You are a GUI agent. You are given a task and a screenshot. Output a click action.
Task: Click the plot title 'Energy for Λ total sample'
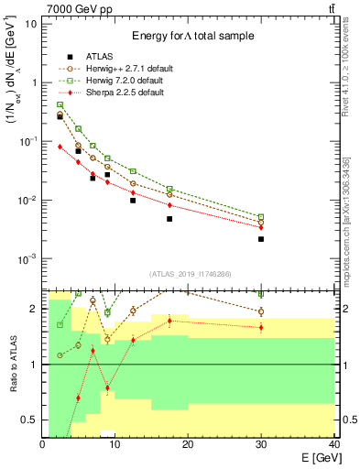191,36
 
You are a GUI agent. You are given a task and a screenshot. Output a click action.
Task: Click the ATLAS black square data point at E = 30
261,239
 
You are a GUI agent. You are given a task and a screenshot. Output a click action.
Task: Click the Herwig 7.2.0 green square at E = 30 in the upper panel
261,217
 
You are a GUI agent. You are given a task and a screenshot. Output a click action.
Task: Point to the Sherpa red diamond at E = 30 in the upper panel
261,227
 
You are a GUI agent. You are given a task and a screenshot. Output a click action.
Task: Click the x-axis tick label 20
188,444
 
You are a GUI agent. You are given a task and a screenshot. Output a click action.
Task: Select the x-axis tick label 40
333,444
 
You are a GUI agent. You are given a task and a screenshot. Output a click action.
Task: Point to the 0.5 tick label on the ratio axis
30,420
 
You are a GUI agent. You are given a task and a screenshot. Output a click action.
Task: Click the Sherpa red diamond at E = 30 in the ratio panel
261,327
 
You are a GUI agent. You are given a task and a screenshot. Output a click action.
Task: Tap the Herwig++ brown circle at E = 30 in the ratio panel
261,311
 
